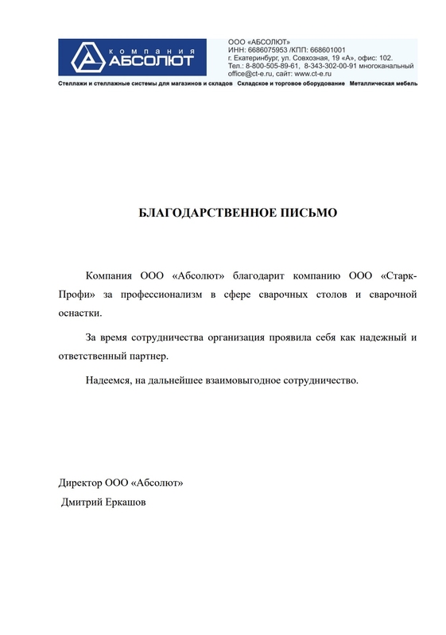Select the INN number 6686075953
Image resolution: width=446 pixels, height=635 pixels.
pyautogui.click(x=268, y=48)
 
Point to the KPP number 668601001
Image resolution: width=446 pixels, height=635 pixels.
pyautogui.click(x=328, y=48)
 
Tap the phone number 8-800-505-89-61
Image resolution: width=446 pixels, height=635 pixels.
pyautogui.click(x=272, y=66)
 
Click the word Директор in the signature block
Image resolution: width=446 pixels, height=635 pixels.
pyautogui.click(x=83, y=482)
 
